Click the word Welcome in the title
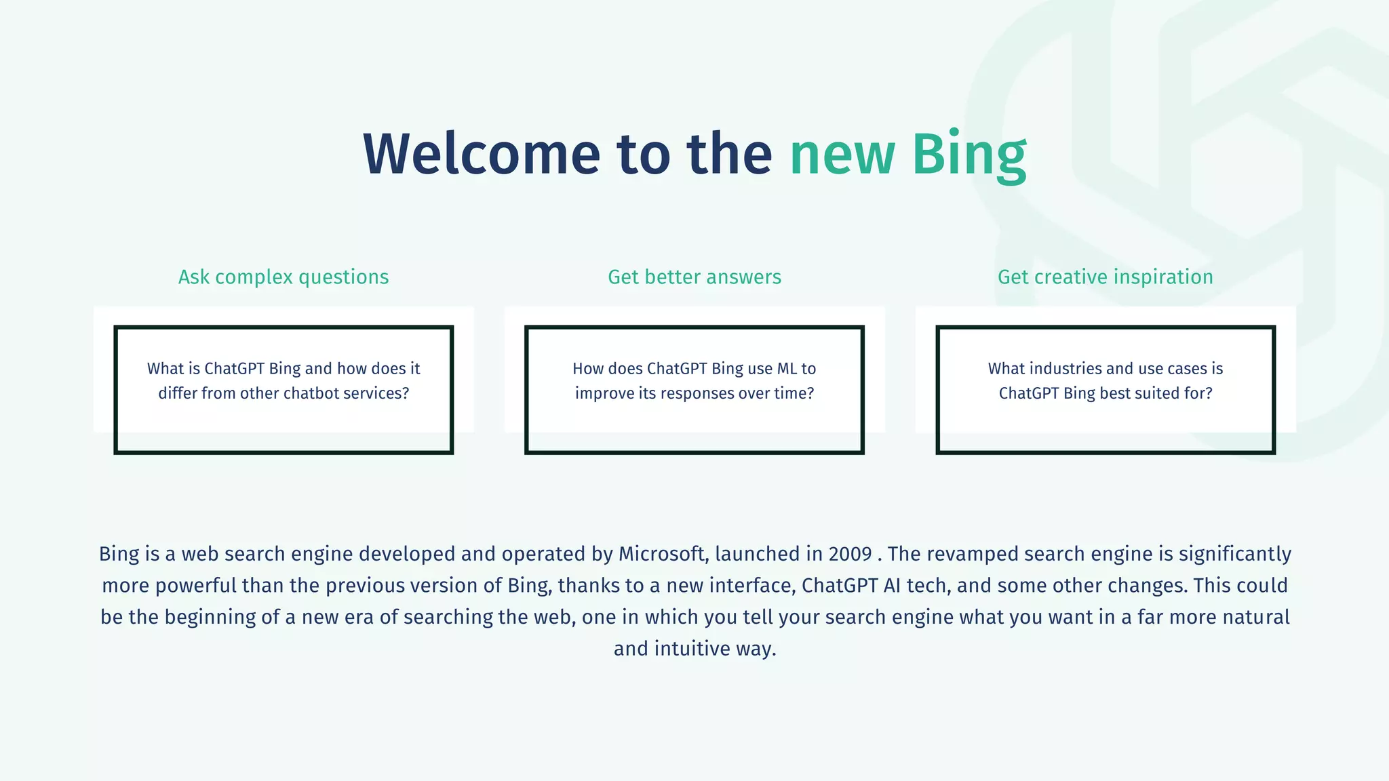click(x=482, y=154)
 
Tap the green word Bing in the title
click(x=969, y=154)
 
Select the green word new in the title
click(x=842, y=154)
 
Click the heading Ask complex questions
click(x=283, y=277)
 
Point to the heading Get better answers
click(x=694, y=277)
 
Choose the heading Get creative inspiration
click(x=1105, y=277)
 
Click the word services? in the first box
click(x=378, y=393)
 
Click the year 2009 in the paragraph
click(x=850, y=554)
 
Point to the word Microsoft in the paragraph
click(x=662, y=554)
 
